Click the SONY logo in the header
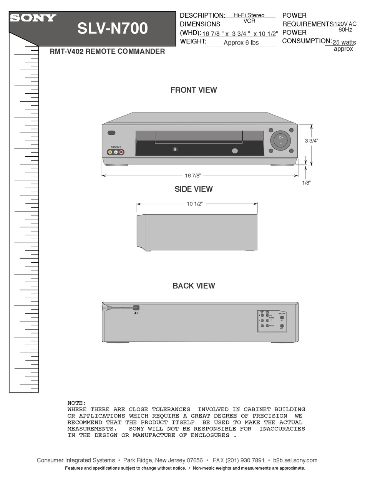(x=33, y=18)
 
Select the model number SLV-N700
(x=113, y=28)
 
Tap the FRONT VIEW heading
(x=194, y=90)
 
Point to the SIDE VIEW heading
(x=194, y=189)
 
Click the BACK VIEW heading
(x=194, y=286)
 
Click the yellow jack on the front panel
(x=110, y=152)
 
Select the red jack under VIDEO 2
(x=121, y=152)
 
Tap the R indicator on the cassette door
(x=175, y=149)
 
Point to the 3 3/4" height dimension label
(x=312, y=141)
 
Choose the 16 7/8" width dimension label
(x=193, y=176)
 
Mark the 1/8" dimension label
(x=306, y=183)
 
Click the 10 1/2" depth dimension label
(x=194, y=204)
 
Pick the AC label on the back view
(x=136, y=313)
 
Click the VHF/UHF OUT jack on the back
(x=282, y=326)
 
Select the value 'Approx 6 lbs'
(x=241, y=43)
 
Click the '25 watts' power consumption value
(x=344, y=42)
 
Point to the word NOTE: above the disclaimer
(x=77, y=403)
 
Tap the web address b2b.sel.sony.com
(x=295, y=460)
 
